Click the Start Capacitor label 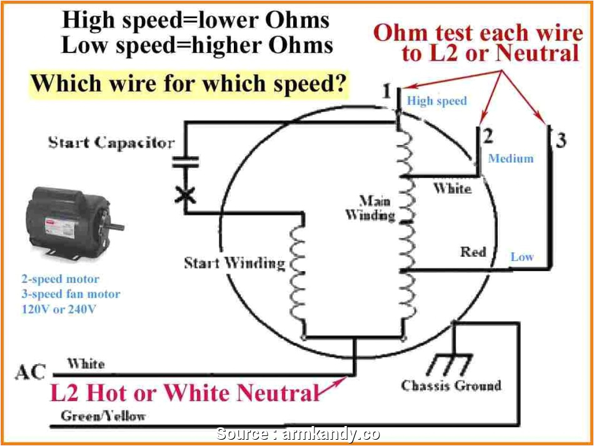111,142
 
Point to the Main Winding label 371,208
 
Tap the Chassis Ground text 451,385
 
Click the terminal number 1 387,92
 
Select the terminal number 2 488,136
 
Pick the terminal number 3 561,140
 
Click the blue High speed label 437,101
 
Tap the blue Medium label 511,159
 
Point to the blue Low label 522,256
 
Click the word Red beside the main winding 473,252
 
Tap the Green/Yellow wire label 103,415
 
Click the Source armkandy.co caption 298,434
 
